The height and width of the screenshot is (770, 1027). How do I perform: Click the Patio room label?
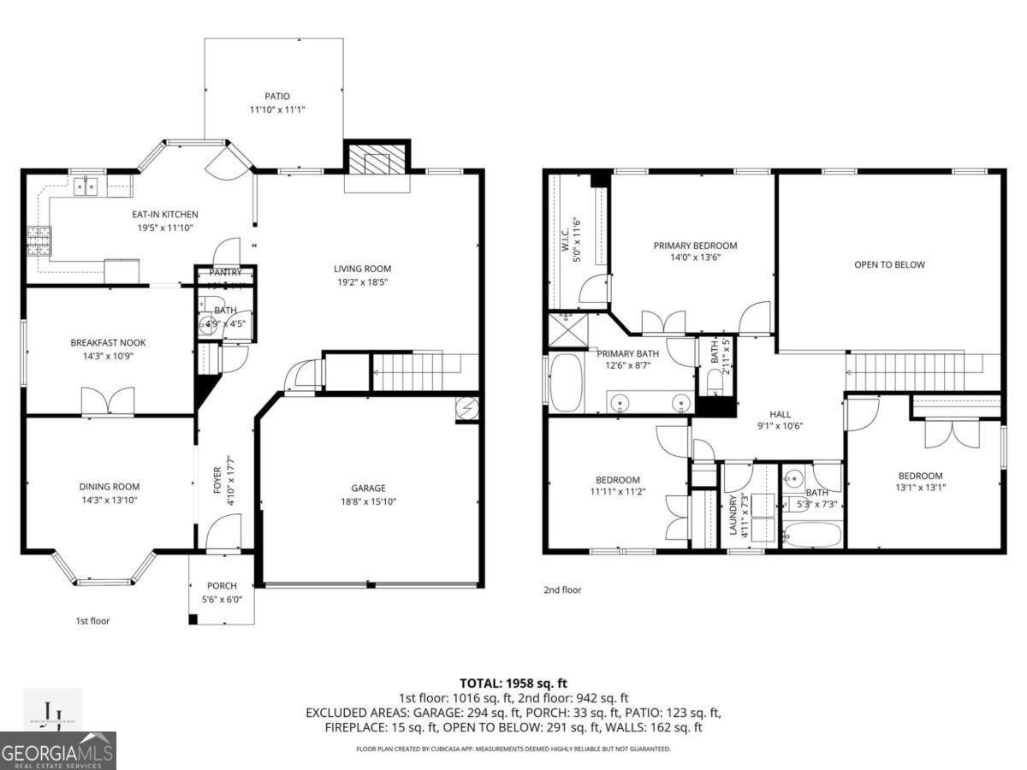[276, 97]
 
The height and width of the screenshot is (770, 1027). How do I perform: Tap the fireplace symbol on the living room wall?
[377, 160]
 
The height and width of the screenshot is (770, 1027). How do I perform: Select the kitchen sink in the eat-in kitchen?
[87, 185]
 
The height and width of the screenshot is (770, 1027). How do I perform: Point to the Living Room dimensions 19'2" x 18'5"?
[362, 282]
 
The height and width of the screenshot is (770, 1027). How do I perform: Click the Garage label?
[368, 489]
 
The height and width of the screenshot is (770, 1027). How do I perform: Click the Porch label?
[222, 586]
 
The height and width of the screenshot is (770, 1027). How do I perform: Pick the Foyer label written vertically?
[217, 479]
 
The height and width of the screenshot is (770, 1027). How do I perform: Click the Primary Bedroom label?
[695, 246]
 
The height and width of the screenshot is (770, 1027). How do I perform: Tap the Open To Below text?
[889, 264]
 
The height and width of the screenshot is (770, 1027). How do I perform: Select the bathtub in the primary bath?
[566, 385]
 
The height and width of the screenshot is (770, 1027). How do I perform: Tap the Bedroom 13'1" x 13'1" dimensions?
[920, 489]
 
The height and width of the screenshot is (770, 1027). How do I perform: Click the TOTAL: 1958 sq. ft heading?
[513, 683]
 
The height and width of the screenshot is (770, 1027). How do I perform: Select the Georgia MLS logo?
[58, 751]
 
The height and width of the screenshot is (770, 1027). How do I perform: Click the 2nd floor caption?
[562, 589]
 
